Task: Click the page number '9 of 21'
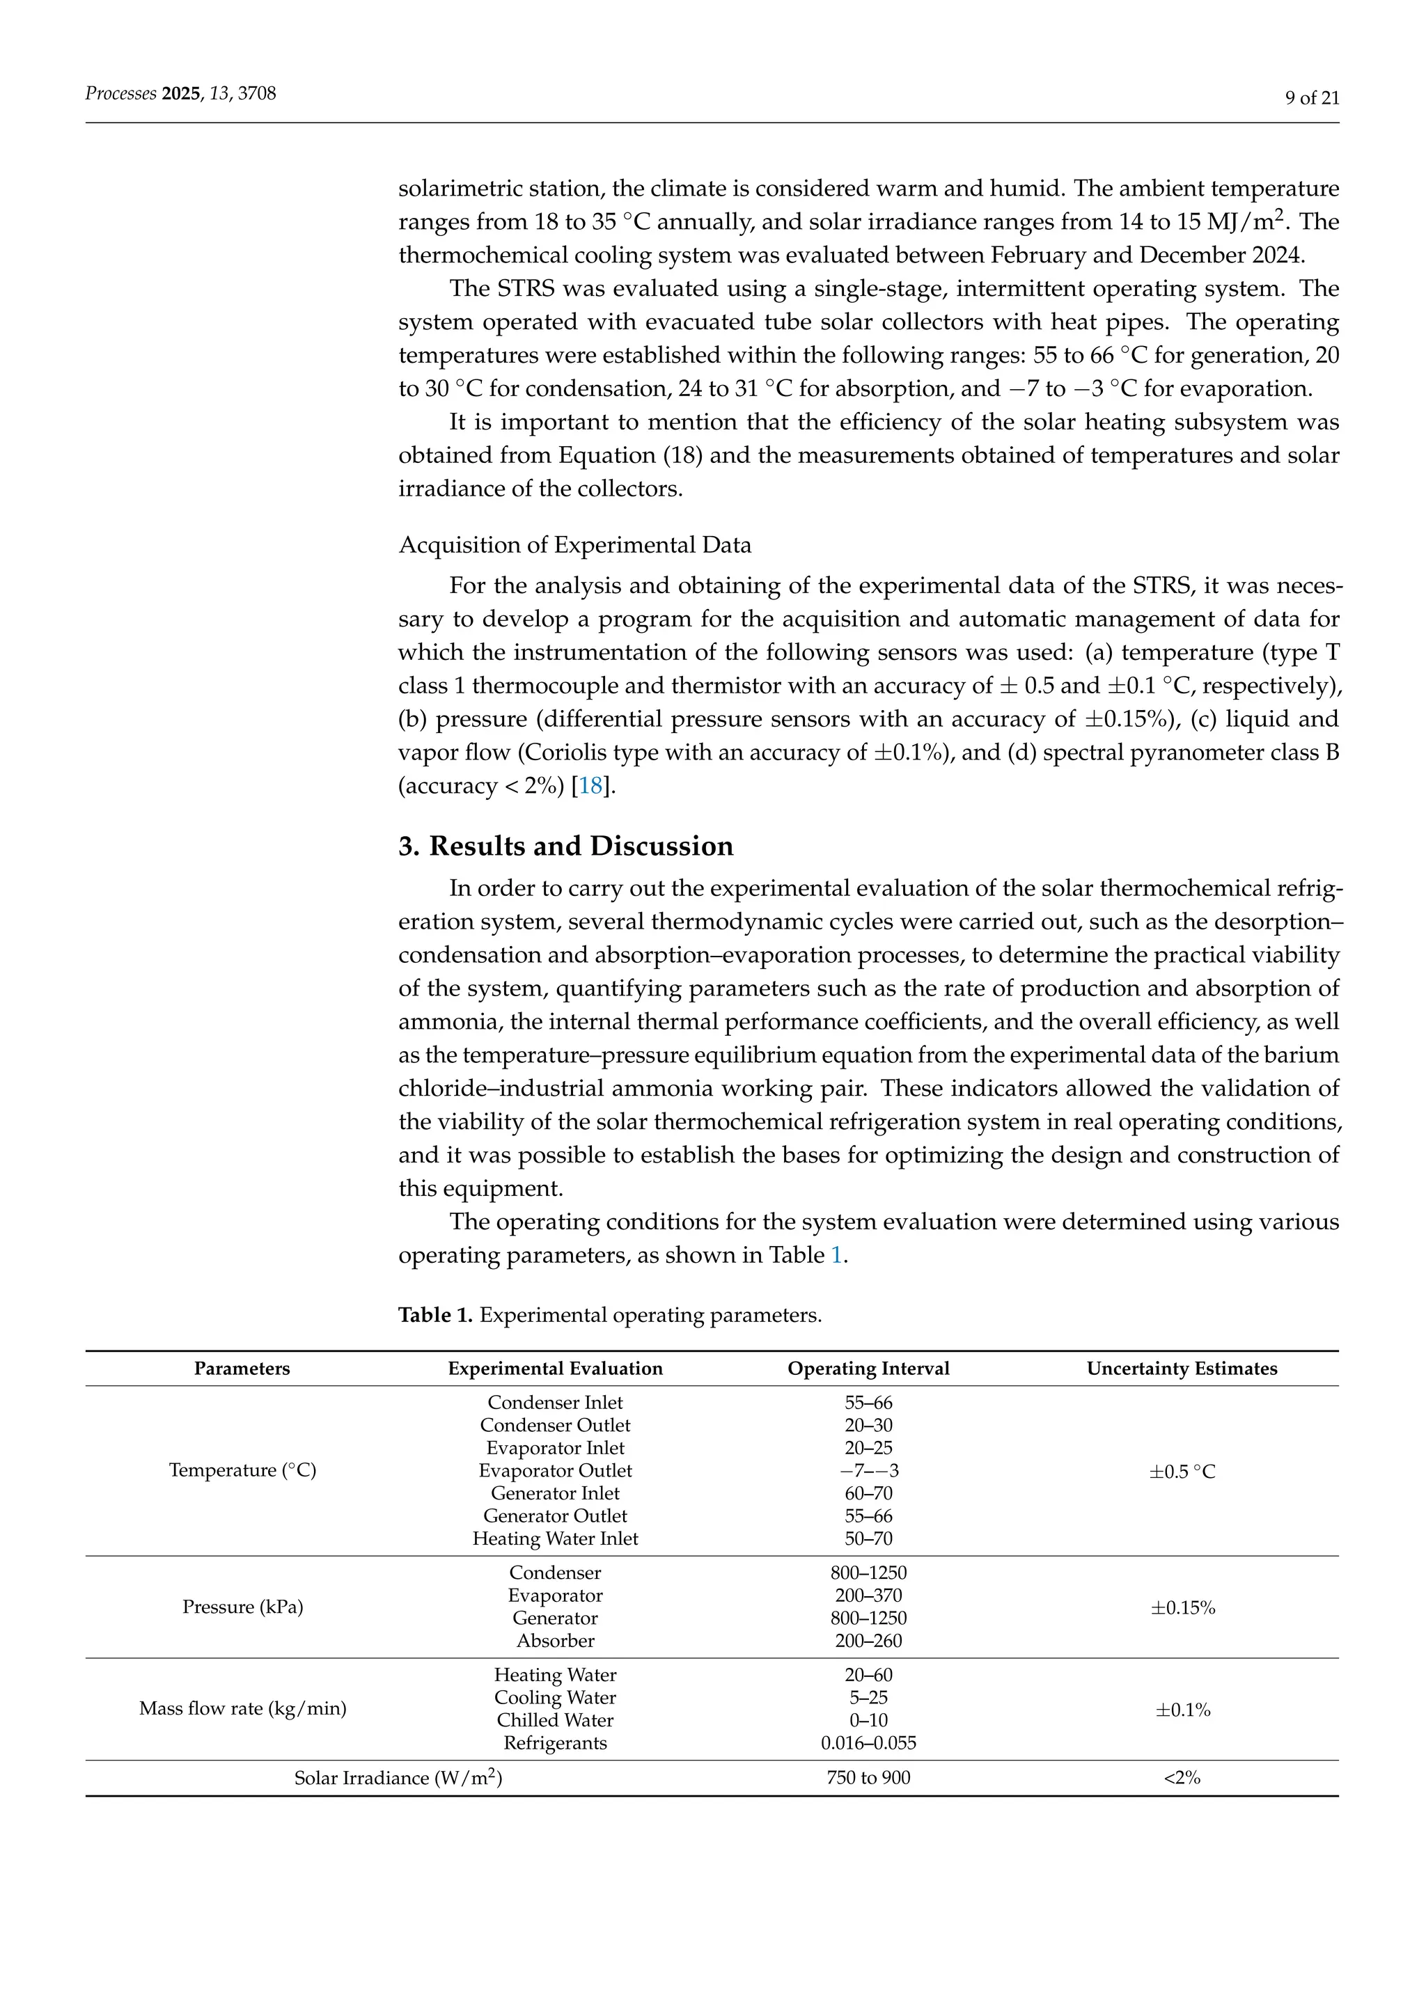tap(1311, 98)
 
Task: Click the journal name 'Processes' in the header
tap(120, 93)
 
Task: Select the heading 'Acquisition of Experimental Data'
tap(574, 545)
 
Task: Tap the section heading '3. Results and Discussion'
tap(565, 846)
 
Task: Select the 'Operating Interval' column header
tap(868, 1369)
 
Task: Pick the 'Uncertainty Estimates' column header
tap(1181, 1369)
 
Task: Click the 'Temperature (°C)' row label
tap(242, 1471)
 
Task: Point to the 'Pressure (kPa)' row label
tap(242, 1607)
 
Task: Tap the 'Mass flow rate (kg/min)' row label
tap(242, 1709)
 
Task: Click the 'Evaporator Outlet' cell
tap(555, 1471)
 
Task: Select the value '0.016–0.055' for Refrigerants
tap(868, 1743)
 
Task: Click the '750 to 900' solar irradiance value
tap(868, 1778)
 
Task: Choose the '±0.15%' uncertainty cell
tap(1182, 1607)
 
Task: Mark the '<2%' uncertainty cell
tap(1181, 1778)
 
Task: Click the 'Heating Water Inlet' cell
tap(555, 1538)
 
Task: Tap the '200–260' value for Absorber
tap(868, 1641)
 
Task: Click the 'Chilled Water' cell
tap(555, 1720)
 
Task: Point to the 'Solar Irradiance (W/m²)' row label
tap(398, 1778)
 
